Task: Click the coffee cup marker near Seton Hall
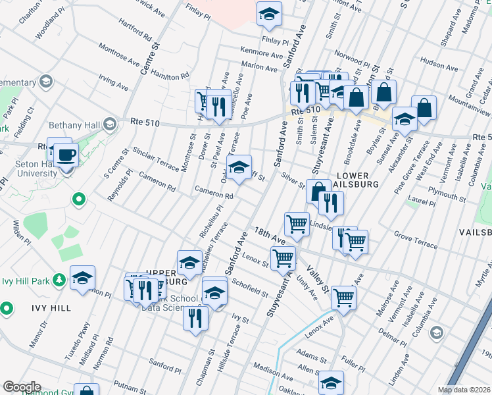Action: [66, 155]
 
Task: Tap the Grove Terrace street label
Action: [415, 240]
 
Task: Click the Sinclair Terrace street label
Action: [155, 159]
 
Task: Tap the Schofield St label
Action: [250, 288]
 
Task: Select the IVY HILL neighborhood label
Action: [49, 307]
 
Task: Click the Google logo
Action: [22, 387]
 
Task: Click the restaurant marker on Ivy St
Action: [195, 319]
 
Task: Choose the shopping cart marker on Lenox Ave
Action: [343, 298]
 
